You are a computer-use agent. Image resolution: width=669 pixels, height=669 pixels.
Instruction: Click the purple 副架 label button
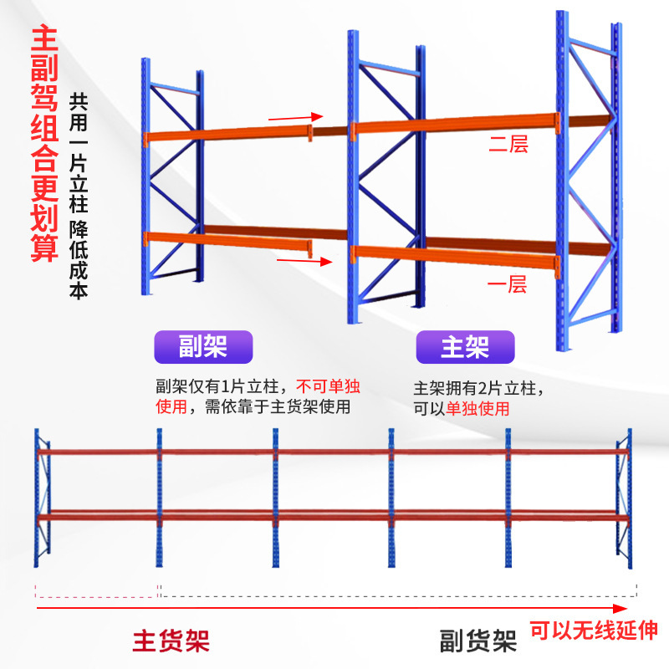coord(203,346)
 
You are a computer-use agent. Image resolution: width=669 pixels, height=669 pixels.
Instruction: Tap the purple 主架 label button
coord(465,347)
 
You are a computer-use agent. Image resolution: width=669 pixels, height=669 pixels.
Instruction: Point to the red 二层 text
coord(508,145)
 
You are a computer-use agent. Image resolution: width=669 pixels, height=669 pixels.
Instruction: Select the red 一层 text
coord(508,285)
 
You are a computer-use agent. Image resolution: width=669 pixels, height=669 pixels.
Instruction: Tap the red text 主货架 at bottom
coord(171,641)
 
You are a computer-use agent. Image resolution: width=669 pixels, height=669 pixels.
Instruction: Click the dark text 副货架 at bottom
coord(478,641)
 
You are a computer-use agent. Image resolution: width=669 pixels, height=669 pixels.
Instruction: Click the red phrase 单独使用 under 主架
coord(477,409)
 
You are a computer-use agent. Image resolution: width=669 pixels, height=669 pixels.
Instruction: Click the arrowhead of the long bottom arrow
coord(620,609)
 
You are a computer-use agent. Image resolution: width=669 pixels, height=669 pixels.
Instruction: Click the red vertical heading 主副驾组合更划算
coord(44,146)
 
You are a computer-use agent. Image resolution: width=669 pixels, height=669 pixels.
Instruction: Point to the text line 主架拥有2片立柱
coord(478,390)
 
